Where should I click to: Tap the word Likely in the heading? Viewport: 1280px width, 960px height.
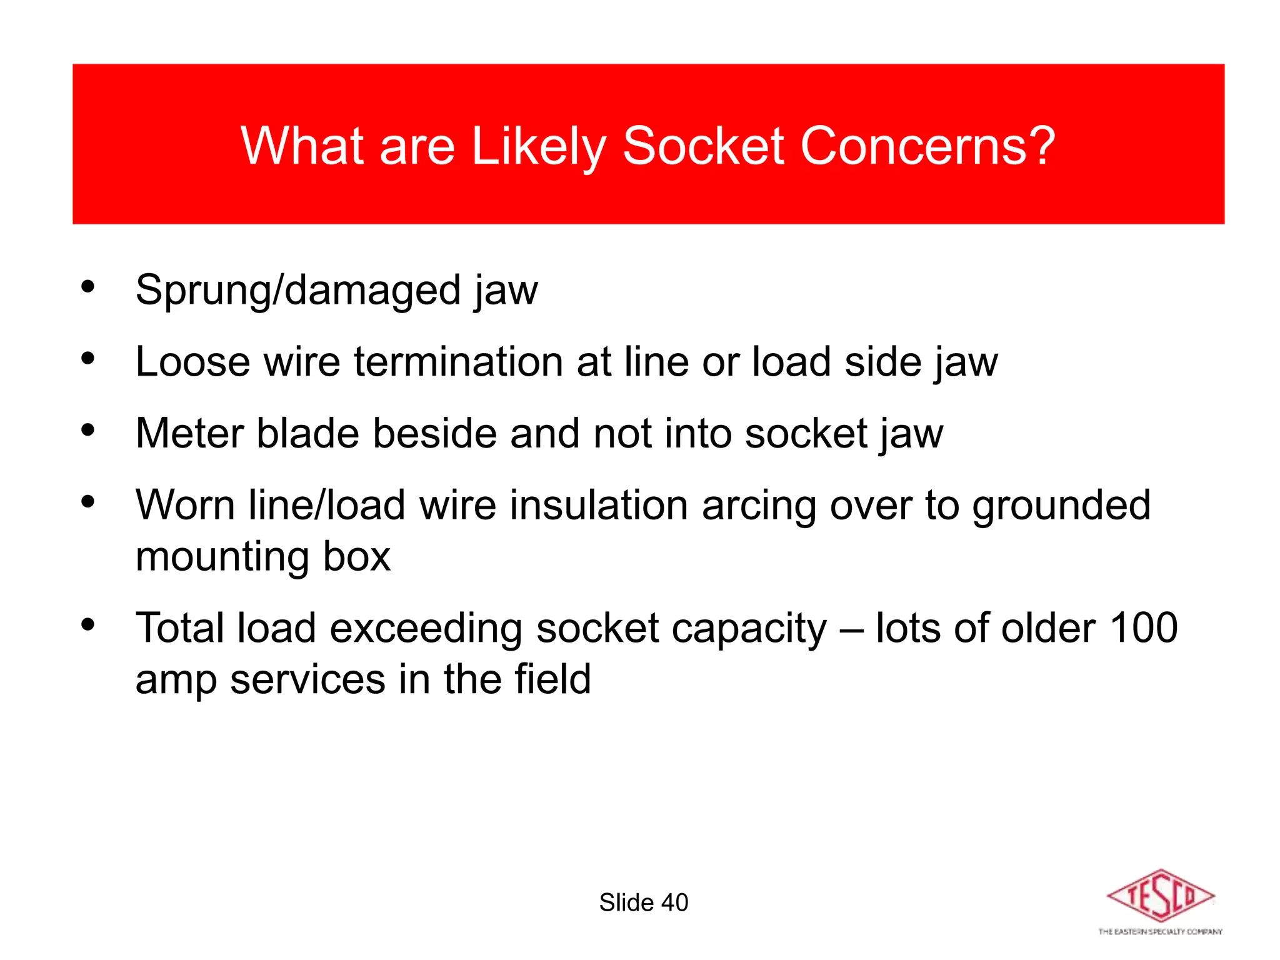pyautogui.click(x=538, y=147)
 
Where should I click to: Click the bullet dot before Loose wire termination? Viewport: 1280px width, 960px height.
pyautogui.click(x=87, y=359)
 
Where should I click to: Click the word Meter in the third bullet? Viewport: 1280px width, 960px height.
pyautogui.click(x=189, y=433)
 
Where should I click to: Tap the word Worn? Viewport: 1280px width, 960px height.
pyautogui.click(x=185, y=505)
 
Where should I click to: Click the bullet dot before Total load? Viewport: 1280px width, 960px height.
pyautogui.click(x=87, y=624)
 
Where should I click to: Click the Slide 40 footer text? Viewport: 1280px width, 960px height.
pyautogui.click(x=643, y=902)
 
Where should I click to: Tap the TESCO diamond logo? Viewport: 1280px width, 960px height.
pyautogui.click(x=1160, y=896)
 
